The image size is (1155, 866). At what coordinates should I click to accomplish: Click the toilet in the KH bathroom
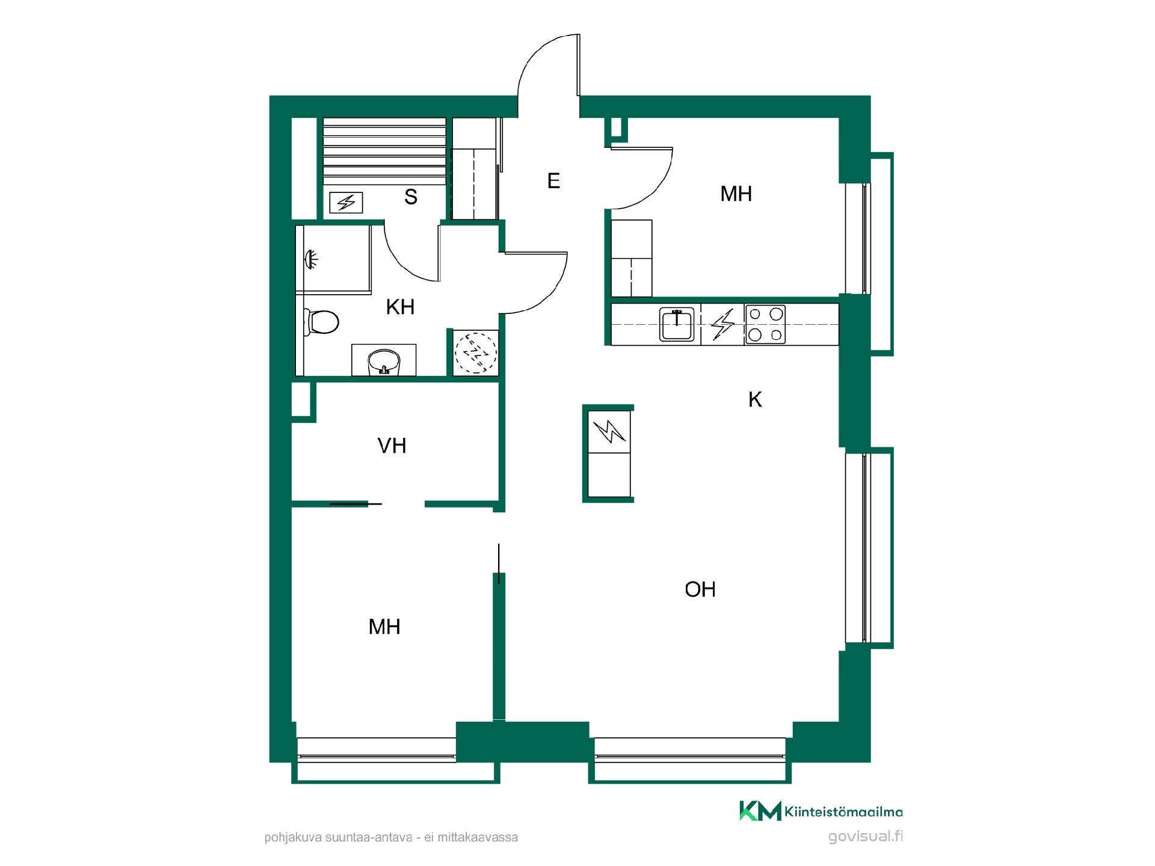pos(321,322)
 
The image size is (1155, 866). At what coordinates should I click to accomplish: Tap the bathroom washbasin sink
pos(384,361)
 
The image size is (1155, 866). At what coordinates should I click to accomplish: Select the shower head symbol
pos(312,259)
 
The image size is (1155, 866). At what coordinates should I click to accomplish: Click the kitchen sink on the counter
pos(677,324)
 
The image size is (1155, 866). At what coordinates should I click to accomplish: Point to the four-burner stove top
pos(765,324)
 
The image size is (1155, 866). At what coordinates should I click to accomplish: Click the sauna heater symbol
pos(346,203)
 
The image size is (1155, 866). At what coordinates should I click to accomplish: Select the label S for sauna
pos(411,197)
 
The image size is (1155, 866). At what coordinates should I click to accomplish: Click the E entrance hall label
pos(553,180)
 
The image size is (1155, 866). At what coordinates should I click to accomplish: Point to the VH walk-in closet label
pos(392,446)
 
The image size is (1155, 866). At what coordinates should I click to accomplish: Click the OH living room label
pos(700,589)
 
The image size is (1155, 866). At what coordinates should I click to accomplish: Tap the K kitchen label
pos(755,399)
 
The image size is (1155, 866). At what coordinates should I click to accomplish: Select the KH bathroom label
pos(400,307)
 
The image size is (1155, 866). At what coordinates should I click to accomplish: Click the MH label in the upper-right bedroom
pos(736,194)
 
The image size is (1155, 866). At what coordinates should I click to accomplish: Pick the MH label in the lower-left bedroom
pos(384,627)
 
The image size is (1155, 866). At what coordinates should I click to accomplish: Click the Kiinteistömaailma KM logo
pos(821,811)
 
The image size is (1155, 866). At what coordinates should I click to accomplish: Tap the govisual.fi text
pos(865,837)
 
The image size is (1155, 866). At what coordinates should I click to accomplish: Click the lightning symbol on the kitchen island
pos(609,431)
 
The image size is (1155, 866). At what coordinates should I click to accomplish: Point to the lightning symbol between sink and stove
pos(722,324)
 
